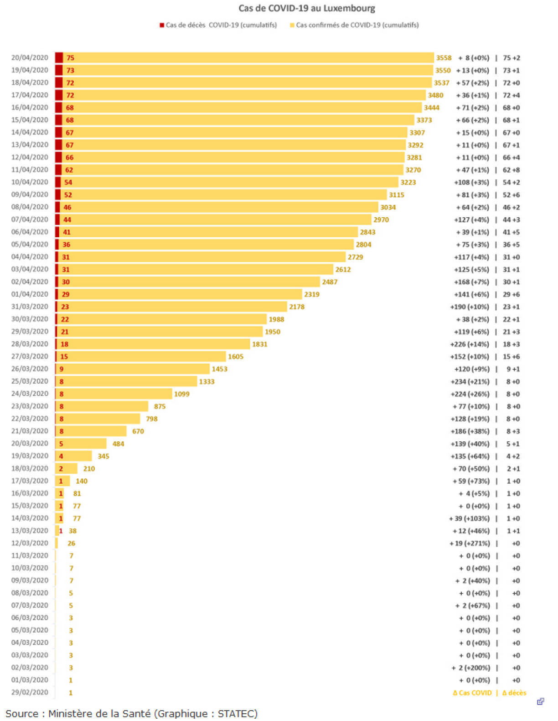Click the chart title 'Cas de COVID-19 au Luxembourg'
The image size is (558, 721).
click(x=306, y=8)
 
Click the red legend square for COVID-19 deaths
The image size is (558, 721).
click(x=162, y=25)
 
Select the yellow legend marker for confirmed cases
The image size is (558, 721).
click(x=292, y=25)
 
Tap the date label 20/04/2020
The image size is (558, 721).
click(x=30, y=57)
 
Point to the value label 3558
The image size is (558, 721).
click(x=444, y=58)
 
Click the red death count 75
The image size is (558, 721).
click(x=70, y=58)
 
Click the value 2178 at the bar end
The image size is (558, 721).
click(x=297, y=307)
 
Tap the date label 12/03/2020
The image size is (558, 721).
click(x=30, y=543)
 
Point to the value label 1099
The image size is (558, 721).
click(x=181, y=394)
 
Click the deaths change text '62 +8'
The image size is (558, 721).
click(x=511, y=170)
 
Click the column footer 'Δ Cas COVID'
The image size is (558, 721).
click(x=472, y=693)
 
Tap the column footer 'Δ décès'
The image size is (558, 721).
click(x=514, y=693)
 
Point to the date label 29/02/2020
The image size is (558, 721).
click(x=30, y=692)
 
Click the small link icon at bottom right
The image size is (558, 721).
click(x=541, y=701)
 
